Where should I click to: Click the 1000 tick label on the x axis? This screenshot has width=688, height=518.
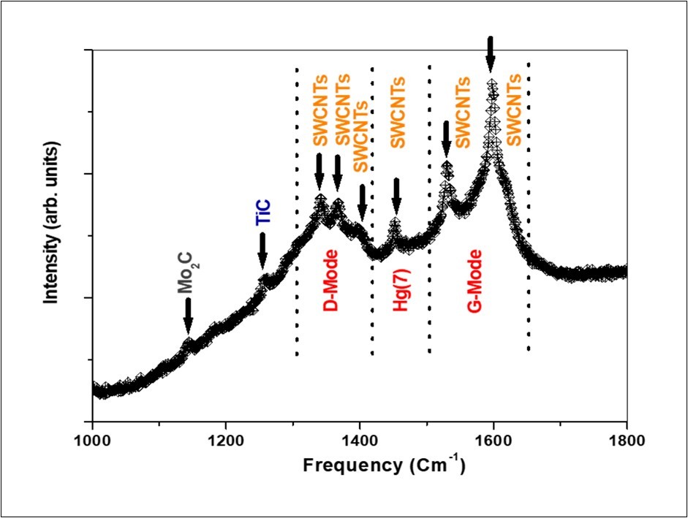pos(92,441)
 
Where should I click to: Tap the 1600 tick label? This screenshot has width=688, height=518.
pos(494,441)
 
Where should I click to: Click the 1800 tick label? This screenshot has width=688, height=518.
pos(627,441)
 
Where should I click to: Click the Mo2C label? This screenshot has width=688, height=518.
pos(189,274)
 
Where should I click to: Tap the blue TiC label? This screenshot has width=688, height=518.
pos(262,216)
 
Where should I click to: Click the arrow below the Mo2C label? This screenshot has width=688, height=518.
pos(188,317)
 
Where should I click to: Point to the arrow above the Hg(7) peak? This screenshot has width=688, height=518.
pos(396,197)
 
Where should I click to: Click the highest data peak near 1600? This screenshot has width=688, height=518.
pos(492,86)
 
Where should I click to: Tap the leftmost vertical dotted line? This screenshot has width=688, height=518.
pos(297,212)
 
